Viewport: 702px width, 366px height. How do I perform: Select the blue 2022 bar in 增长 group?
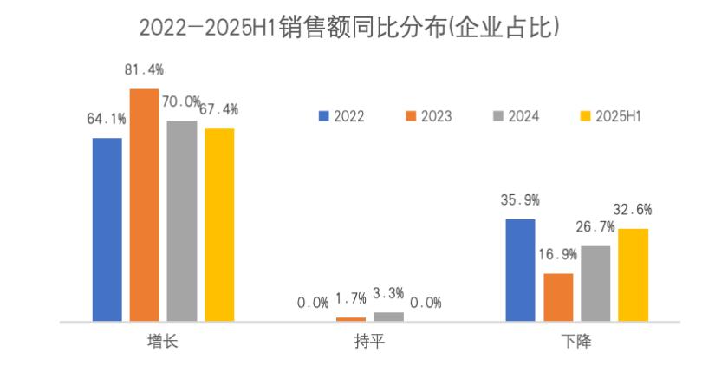point(107,229)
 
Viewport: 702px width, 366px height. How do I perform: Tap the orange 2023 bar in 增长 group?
point(145,205)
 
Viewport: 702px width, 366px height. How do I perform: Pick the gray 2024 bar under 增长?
point(182,220)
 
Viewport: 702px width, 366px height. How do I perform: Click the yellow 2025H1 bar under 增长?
point(219,225)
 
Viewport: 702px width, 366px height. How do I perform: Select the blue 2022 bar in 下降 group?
point(520,270)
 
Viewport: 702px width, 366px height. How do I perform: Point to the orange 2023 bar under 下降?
point(557,297)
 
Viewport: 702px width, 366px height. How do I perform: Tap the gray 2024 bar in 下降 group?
point(595,284)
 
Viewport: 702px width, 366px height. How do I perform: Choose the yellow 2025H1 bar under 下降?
point(633,275)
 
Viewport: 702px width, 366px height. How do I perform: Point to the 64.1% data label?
point(107,119)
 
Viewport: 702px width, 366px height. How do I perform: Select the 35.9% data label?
point(520,200)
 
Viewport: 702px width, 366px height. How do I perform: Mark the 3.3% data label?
point(390,294)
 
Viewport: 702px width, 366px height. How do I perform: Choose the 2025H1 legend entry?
point(618,116)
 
